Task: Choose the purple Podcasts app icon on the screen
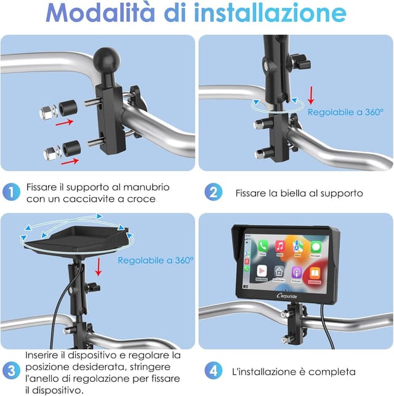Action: tap(298, 272)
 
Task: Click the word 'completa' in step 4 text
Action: tap(334, 371)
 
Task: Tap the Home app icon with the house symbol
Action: tap(279, 272)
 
